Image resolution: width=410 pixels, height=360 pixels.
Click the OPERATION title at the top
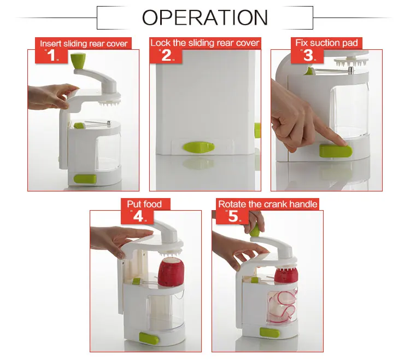click(205, 18)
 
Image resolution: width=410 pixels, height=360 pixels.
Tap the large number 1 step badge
click(51, 55)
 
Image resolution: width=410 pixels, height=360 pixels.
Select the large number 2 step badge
click(166, 55)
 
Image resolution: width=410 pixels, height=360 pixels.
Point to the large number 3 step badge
click(308, 55)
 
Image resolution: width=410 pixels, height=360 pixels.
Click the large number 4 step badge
click(138, 217)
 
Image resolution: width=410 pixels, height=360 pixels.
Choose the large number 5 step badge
click(233, 217)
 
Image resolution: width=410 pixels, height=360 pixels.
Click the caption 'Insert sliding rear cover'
click(84, 43)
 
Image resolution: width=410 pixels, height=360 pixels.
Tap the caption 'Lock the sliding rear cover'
click(205, 43)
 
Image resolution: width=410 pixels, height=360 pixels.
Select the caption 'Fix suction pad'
click(326, 43)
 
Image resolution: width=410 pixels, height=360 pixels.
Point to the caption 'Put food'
click(144, 204)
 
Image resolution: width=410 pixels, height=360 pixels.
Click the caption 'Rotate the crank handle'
click(268, 204)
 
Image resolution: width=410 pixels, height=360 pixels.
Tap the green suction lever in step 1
click(85, 179)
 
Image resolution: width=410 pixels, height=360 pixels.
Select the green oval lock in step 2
click(199, 147)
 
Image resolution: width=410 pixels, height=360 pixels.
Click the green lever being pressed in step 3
click(336, 152)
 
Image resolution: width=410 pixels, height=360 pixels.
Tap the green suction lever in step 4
click(149, 339)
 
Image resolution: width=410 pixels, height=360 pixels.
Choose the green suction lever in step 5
click(270, 333)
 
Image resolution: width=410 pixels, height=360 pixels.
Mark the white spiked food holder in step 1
click(110, 103)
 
